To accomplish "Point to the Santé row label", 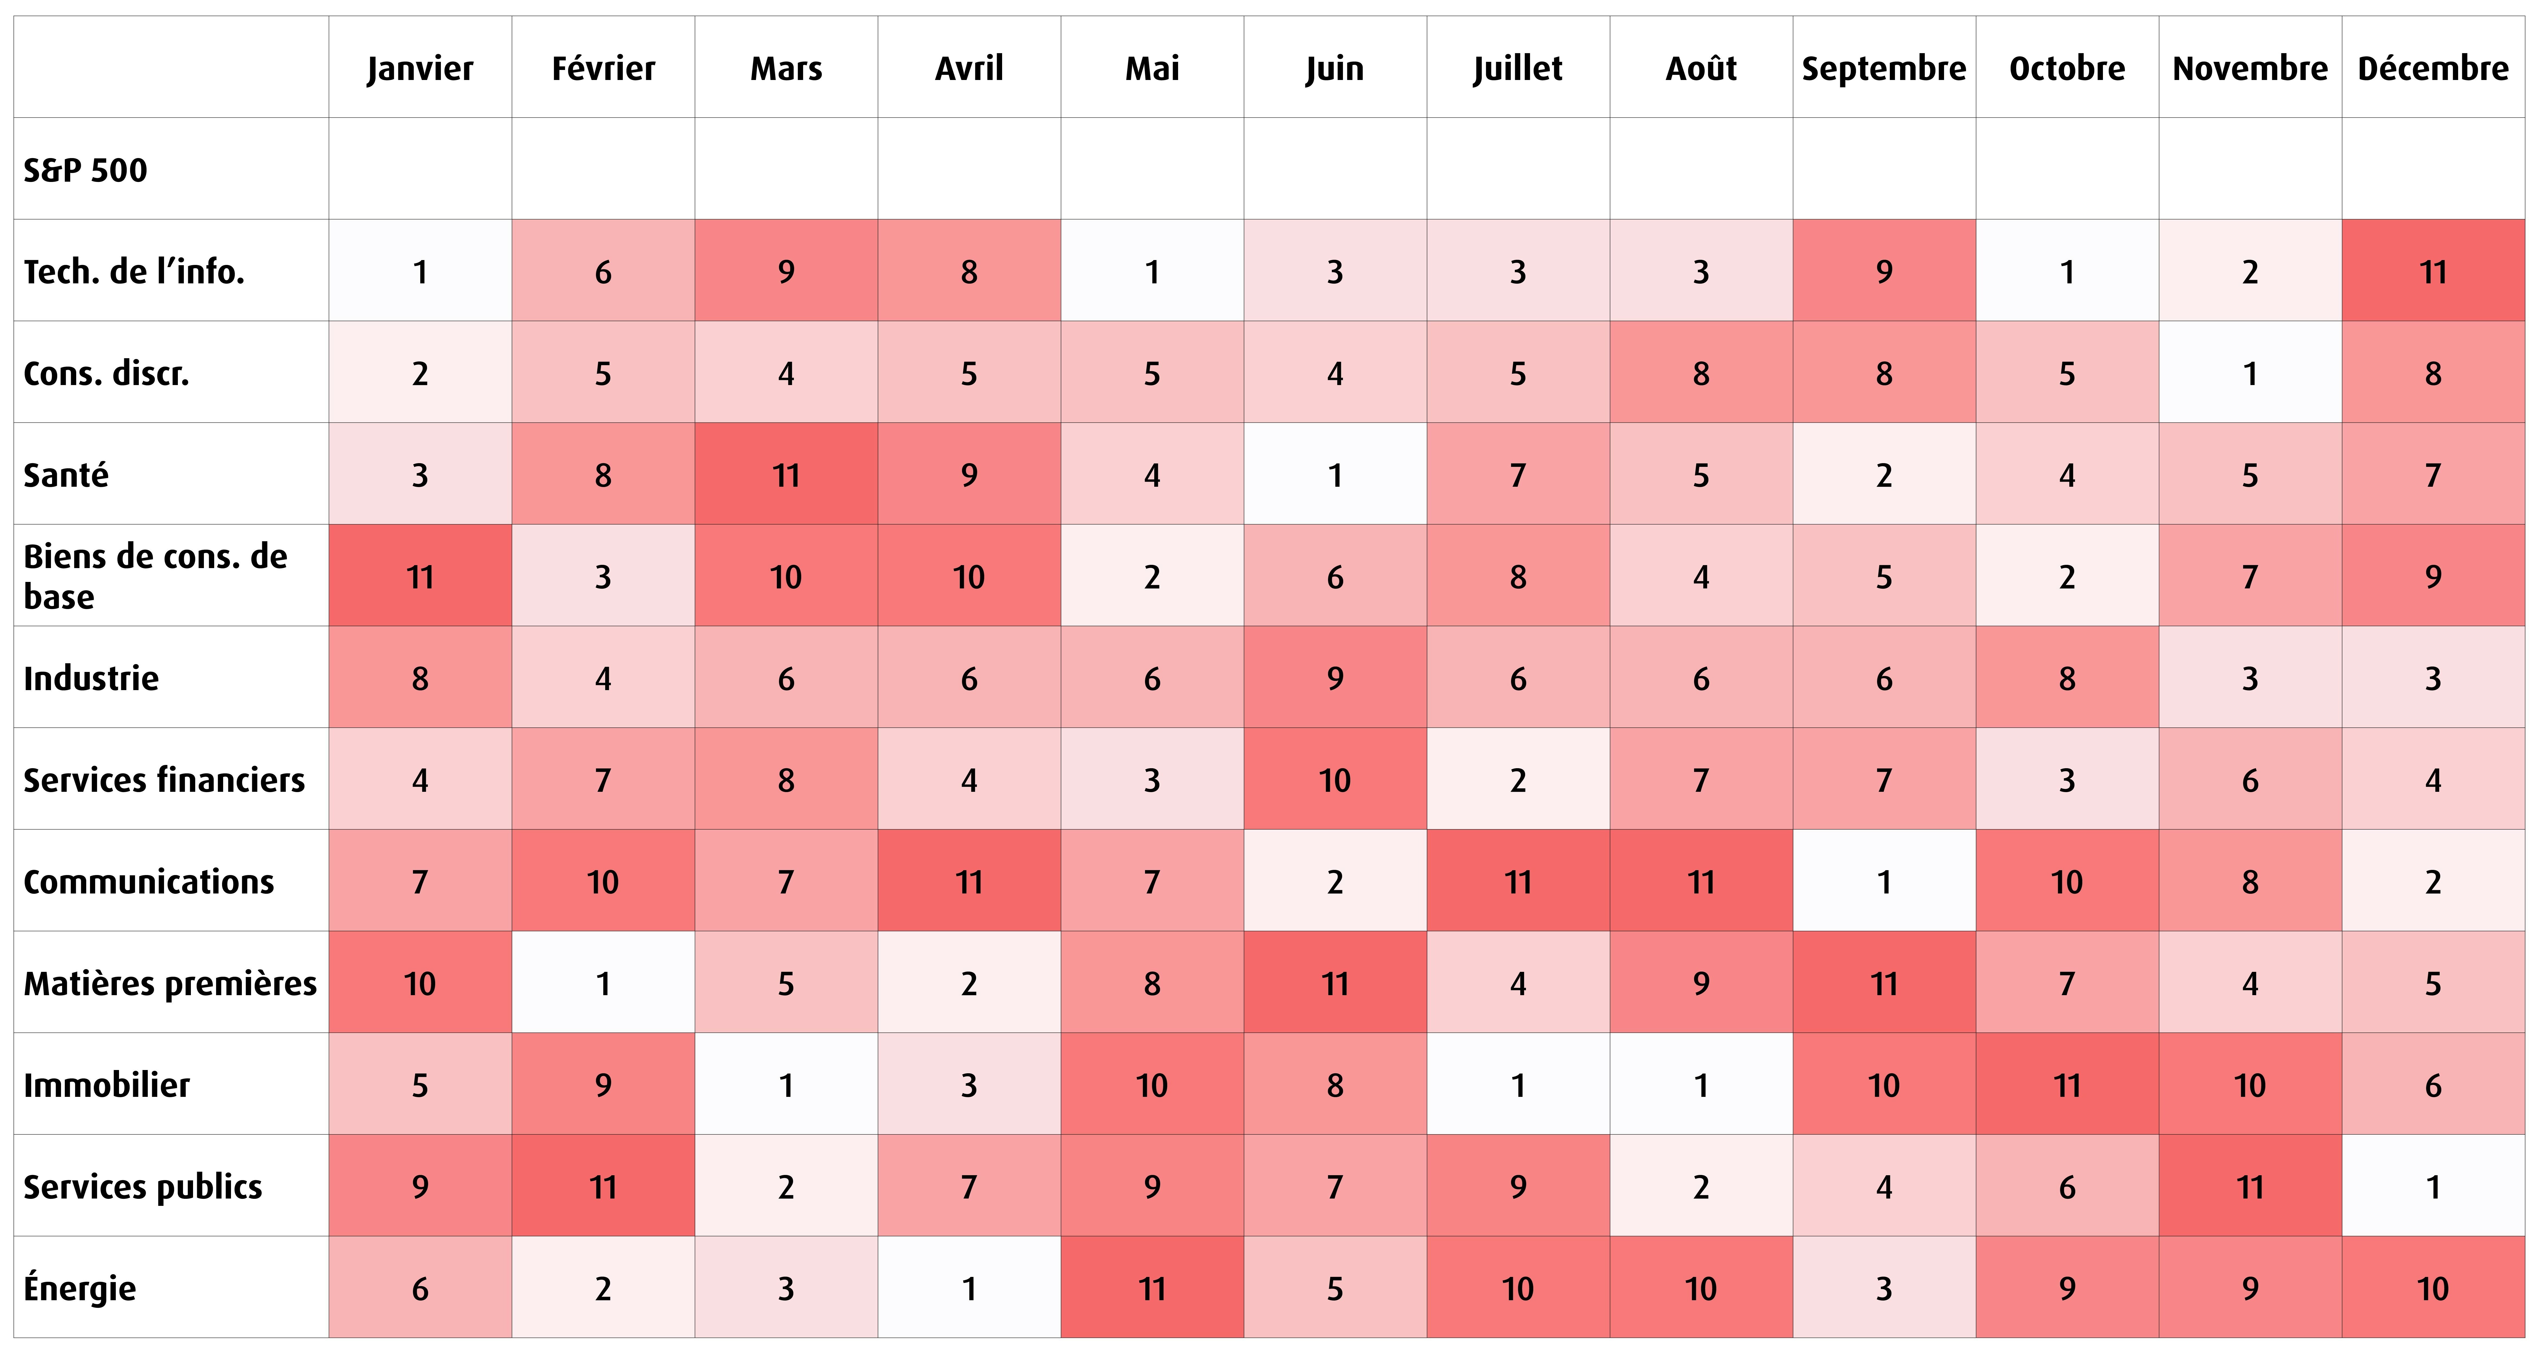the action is (66, 475).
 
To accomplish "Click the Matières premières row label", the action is (170, 983).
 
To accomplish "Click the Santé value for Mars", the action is (786, 474).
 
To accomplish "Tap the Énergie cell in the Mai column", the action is (1152, 1287).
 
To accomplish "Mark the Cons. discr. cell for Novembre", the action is (2250, 373).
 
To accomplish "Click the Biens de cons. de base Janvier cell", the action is (420, 576).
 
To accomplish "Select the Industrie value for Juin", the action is (1335, 677).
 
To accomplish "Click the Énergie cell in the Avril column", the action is (969, 1287).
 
